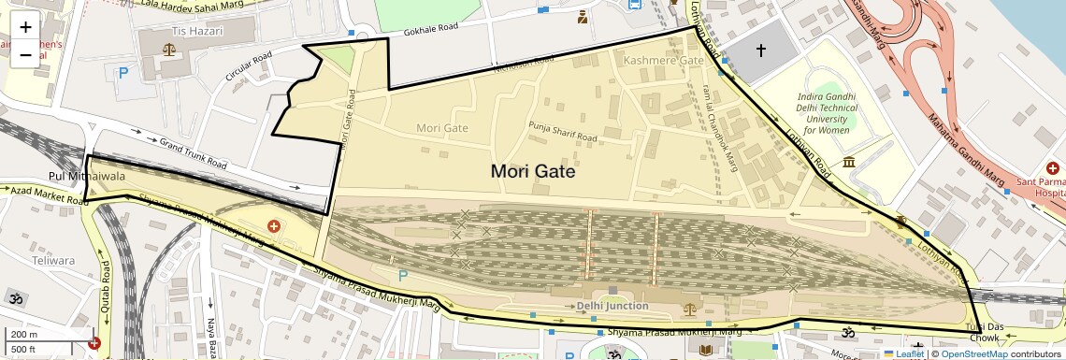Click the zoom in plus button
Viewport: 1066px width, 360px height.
(25, 27)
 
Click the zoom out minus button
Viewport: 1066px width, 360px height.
(25, 54)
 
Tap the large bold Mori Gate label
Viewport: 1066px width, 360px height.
(532, 172)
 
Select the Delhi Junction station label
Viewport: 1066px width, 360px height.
(612, 306)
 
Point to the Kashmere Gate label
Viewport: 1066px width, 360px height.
(663, 61)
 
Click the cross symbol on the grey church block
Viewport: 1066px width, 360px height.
(760, 50)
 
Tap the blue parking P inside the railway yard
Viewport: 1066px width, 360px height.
(403, 276)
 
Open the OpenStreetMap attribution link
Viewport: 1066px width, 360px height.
(973, 353)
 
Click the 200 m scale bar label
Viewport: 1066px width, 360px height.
(24, 335)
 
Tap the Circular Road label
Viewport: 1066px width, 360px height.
(247, 69)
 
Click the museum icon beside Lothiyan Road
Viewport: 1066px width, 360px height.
(849, 164)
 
